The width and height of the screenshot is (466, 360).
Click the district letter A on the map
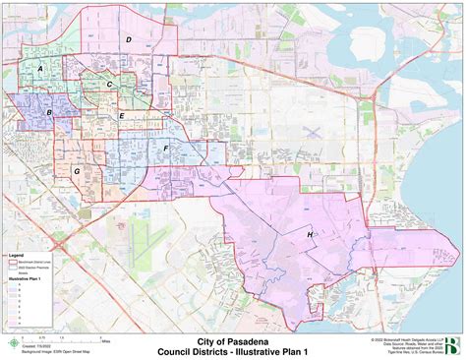[x=40, y=69]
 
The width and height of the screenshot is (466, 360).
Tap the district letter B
[x=49, y=113]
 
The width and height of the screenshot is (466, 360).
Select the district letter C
[x=109, y=84]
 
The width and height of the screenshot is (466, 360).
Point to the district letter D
[x=128, y=39]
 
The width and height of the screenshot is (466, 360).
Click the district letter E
[x=121, y=116]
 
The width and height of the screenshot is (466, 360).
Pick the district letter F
[x=166, y=148]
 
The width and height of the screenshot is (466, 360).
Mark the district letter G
[x=76, y=171]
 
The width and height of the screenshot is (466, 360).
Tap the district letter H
[x=310, y=235]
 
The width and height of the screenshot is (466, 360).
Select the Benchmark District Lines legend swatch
[x=14, y=262]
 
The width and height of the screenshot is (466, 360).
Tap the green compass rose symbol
[x=13, y=343]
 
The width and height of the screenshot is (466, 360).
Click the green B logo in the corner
[x=450, y=343]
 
